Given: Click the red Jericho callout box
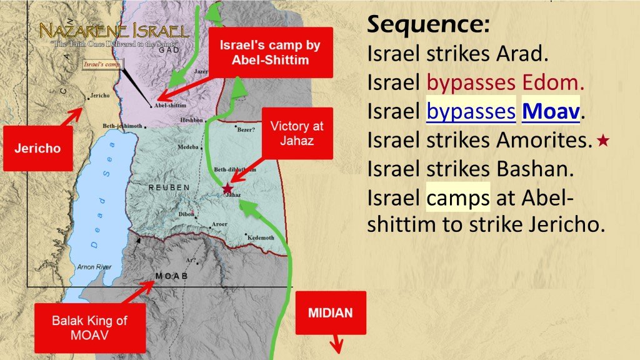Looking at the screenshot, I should [x=38, y=149].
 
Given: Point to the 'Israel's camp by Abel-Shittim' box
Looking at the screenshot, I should [x=262, y=54].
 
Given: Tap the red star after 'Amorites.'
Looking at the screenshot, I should [x=602, y=142].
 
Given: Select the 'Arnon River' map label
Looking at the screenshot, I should [x=94, y=267].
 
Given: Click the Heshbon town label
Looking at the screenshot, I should [x=191, y=119].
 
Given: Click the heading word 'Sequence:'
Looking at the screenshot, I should [x=428, y=25].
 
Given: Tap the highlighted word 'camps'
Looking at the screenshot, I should [x=458, y=198].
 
